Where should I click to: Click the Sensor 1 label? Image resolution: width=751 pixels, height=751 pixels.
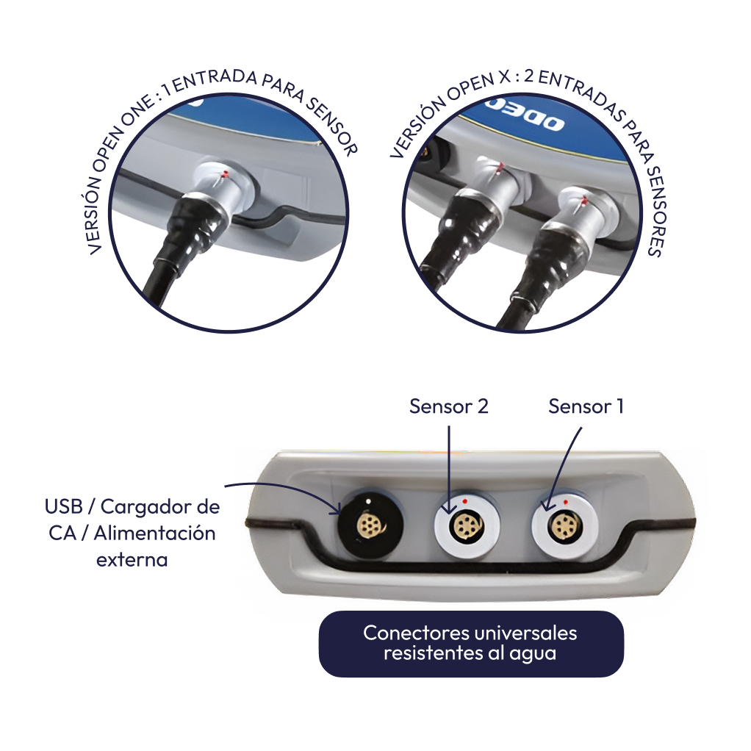pos(586,406)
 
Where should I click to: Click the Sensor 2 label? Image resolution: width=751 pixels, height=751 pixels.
pos(449,406)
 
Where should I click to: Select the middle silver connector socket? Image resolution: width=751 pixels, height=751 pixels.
pos(467,526)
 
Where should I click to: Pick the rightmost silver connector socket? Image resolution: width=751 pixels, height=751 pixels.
pos(564,526)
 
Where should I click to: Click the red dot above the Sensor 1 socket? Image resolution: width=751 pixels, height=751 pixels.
pos(566,502)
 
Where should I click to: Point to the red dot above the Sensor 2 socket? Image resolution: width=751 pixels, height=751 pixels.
pos(464,501)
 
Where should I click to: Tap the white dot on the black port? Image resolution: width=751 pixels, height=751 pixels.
pos(368,501)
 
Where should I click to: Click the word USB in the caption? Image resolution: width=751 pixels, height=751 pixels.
pos(64,506)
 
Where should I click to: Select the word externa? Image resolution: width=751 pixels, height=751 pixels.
pos(132,559)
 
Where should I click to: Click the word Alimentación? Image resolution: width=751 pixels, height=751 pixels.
pos(154,533)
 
